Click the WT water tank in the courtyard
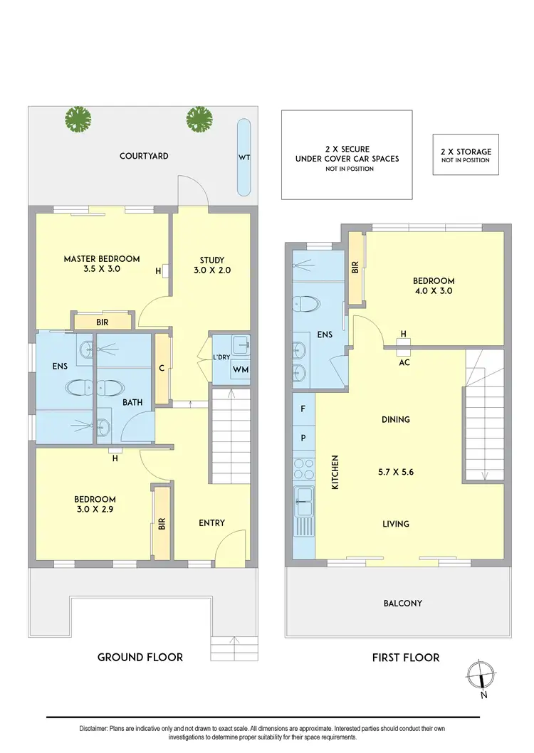coord(244,157)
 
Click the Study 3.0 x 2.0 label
coord(212,265)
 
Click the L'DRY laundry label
coord(221,357)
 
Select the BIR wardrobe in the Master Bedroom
coord(103,322)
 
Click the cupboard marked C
coord(162,368)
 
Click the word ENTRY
coord(211,523)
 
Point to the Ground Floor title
coord(140,657)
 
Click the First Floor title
coord(405,657)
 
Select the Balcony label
coord(402,604)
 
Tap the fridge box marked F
coord(303,409)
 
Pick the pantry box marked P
coord(303,438)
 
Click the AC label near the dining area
coord(403,362)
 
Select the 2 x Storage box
coord(466,155)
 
